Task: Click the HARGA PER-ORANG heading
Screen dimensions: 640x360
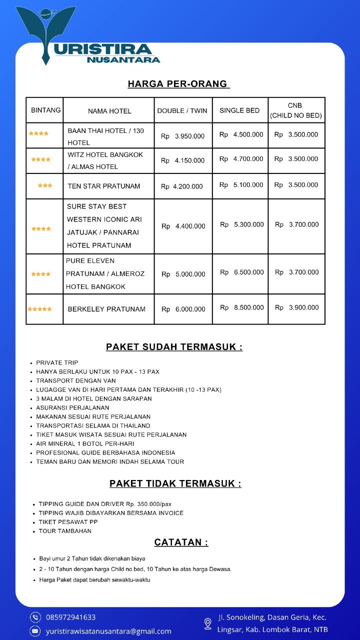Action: tap(178, 84)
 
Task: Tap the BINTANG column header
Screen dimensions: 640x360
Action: tap(45, 110)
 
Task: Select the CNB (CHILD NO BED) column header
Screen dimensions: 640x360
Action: tap(296, 110)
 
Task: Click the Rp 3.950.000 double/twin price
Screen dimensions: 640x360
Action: tap(182, 136)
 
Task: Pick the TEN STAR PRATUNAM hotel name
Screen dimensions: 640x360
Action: tap(104, 186)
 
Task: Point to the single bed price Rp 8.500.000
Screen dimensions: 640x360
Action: tap(242, 308)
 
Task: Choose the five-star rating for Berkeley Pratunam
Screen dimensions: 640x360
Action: tap(39, 309)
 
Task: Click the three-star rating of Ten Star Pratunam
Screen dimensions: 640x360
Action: tap(45, 185)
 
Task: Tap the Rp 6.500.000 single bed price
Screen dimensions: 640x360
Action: tap(242, 272)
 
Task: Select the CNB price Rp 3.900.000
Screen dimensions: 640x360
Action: tap(296, 308)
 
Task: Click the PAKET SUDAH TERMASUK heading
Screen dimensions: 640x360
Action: tap(174, 347)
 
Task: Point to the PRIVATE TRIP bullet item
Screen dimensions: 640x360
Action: tap(57, 362)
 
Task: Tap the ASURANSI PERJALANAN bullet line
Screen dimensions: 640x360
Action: tap(72, 407)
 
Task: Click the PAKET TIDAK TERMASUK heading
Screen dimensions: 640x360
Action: tap(175, 483)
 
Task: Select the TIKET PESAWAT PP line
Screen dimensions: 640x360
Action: tap(68, 522)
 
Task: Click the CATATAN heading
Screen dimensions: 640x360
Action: tap(181, 542)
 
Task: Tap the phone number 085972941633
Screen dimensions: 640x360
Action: tap(70, 617)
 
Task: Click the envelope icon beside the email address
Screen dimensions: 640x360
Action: tap(35, 631)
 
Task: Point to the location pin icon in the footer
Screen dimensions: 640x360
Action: tap(208, 623)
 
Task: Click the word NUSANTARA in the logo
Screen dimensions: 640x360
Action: tap(123, 60)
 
